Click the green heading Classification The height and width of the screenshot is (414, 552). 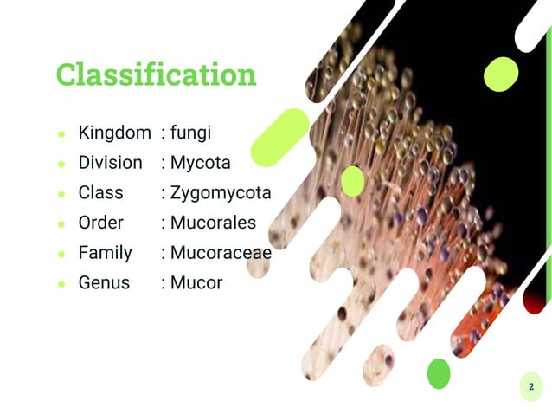pos(157,74)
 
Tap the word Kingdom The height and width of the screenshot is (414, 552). pos(114,133)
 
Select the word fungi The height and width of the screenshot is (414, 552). pos(190,133)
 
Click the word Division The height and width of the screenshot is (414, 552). pos(110,163)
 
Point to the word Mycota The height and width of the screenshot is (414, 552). pos(200,163)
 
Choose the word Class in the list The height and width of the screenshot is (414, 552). pos(100,192)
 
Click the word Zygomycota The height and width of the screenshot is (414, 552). pos(221,192)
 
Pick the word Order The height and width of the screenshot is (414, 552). pos(101,223)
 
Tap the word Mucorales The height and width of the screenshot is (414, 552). pos(213,223)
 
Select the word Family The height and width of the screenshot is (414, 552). pos(105,253)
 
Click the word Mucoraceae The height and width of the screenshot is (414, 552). pos(221,253)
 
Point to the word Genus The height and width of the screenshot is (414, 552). pos(104,282)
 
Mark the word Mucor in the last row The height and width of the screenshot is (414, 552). pos(196,282)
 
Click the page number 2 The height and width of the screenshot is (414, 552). pos(530,387)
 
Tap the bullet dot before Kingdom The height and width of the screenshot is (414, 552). pos(61,134)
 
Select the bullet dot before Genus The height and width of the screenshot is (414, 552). pos(61,284)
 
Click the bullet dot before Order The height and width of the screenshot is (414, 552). pos(61,224)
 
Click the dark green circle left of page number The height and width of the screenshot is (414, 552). pos(440,373)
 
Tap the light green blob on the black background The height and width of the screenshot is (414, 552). pos(500,74)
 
